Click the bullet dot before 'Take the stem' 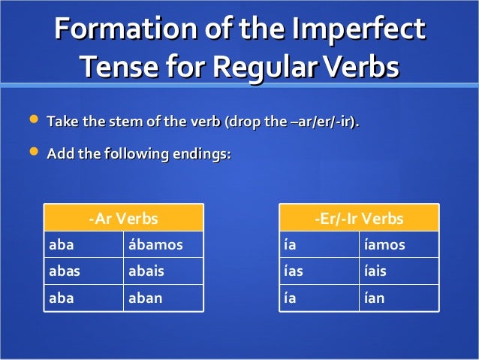32,120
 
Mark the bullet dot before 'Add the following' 32,153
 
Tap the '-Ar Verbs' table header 123,219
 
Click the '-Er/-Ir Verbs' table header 359,219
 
